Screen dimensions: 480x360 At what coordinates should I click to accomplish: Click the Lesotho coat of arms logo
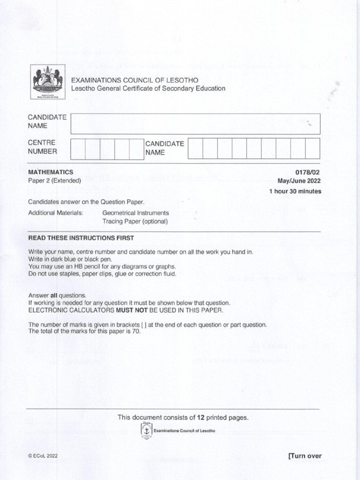coord(47,82)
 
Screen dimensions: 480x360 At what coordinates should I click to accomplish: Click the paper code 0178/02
coord(308,172)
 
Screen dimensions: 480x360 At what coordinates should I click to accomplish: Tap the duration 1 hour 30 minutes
coord(295,191)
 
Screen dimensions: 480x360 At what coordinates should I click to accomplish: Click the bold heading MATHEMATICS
coord(51,172)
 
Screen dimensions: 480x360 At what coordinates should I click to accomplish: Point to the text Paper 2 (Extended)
coord(54,180)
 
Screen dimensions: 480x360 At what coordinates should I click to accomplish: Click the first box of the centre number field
coord(78,149)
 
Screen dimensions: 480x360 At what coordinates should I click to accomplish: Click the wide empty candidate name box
coord(195,124)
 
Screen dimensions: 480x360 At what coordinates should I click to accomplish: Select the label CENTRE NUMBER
coord(43,147)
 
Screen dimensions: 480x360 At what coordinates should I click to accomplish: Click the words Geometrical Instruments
coord(135,213)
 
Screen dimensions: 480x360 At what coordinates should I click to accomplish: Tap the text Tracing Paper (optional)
coord(135,221)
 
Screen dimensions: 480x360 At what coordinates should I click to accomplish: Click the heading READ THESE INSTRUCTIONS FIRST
coord(81,238)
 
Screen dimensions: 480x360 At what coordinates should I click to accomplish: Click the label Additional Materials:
coord(55,213)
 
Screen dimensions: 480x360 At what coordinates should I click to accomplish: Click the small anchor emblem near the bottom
coord(147,430)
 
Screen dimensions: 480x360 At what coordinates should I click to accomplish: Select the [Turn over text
coord(305,456)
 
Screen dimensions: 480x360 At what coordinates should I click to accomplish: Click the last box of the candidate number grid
coord(312,149)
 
